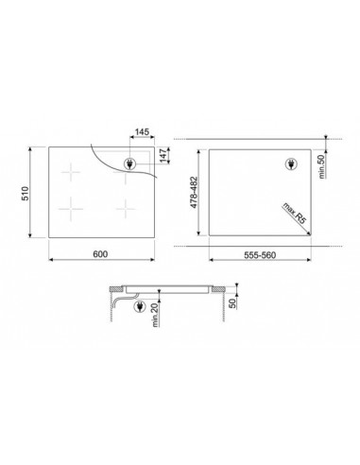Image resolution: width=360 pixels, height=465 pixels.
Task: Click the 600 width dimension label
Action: click(x=100, y=253)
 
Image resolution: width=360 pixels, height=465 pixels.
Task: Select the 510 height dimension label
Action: click(x=25, y=193)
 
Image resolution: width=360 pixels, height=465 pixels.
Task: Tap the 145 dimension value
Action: click(x=142, y=131)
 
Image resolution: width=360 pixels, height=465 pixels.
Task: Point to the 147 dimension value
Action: click(x=163, y=155)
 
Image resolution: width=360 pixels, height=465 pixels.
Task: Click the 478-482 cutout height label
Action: click(x=194, y=192)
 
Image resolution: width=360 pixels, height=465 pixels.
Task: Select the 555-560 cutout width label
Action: click(x=260, y=255)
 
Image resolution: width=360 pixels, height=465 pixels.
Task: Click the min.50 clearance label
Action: click(x=321, y=167)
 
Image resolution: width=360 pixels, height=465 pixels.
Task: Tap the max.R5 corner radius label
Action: click(x=294, y=213)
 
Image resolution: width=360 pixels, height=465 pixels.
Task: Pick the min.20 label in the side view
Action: click(x=155, y=316)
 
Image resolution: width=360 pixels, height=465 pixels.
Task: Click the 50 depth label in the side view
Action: click(x=232, y=303)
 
